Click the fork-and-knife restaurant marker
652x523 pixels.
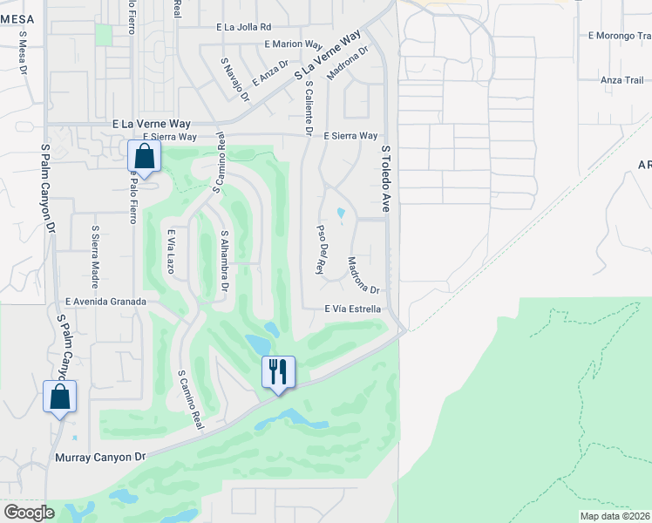[279, 371]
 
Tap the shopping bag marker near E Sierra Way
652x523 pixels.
[145, 158]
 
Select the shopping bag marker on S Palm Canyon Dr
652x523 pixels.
[60, 397]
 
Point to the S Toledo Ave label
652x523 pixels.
[384, 179]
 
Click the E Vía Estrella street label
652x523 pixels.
[352, 309]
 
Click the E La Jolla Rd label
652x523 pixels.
[244, 27]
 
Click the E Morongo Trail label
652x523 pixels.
[620, 36]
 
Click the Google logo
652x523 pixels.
[30, 513]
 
